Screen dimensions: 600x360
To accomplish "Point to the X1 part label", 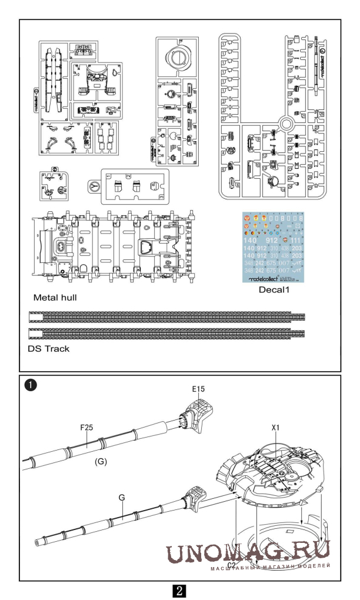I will (275, 429).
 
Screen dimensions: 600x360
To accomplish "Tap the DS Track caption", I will (48, 348).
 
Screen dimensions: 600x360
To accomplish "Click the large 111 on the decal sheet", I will (295, 240).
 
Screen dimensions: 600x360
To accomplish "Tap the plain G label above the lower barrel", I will (122, 497).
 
